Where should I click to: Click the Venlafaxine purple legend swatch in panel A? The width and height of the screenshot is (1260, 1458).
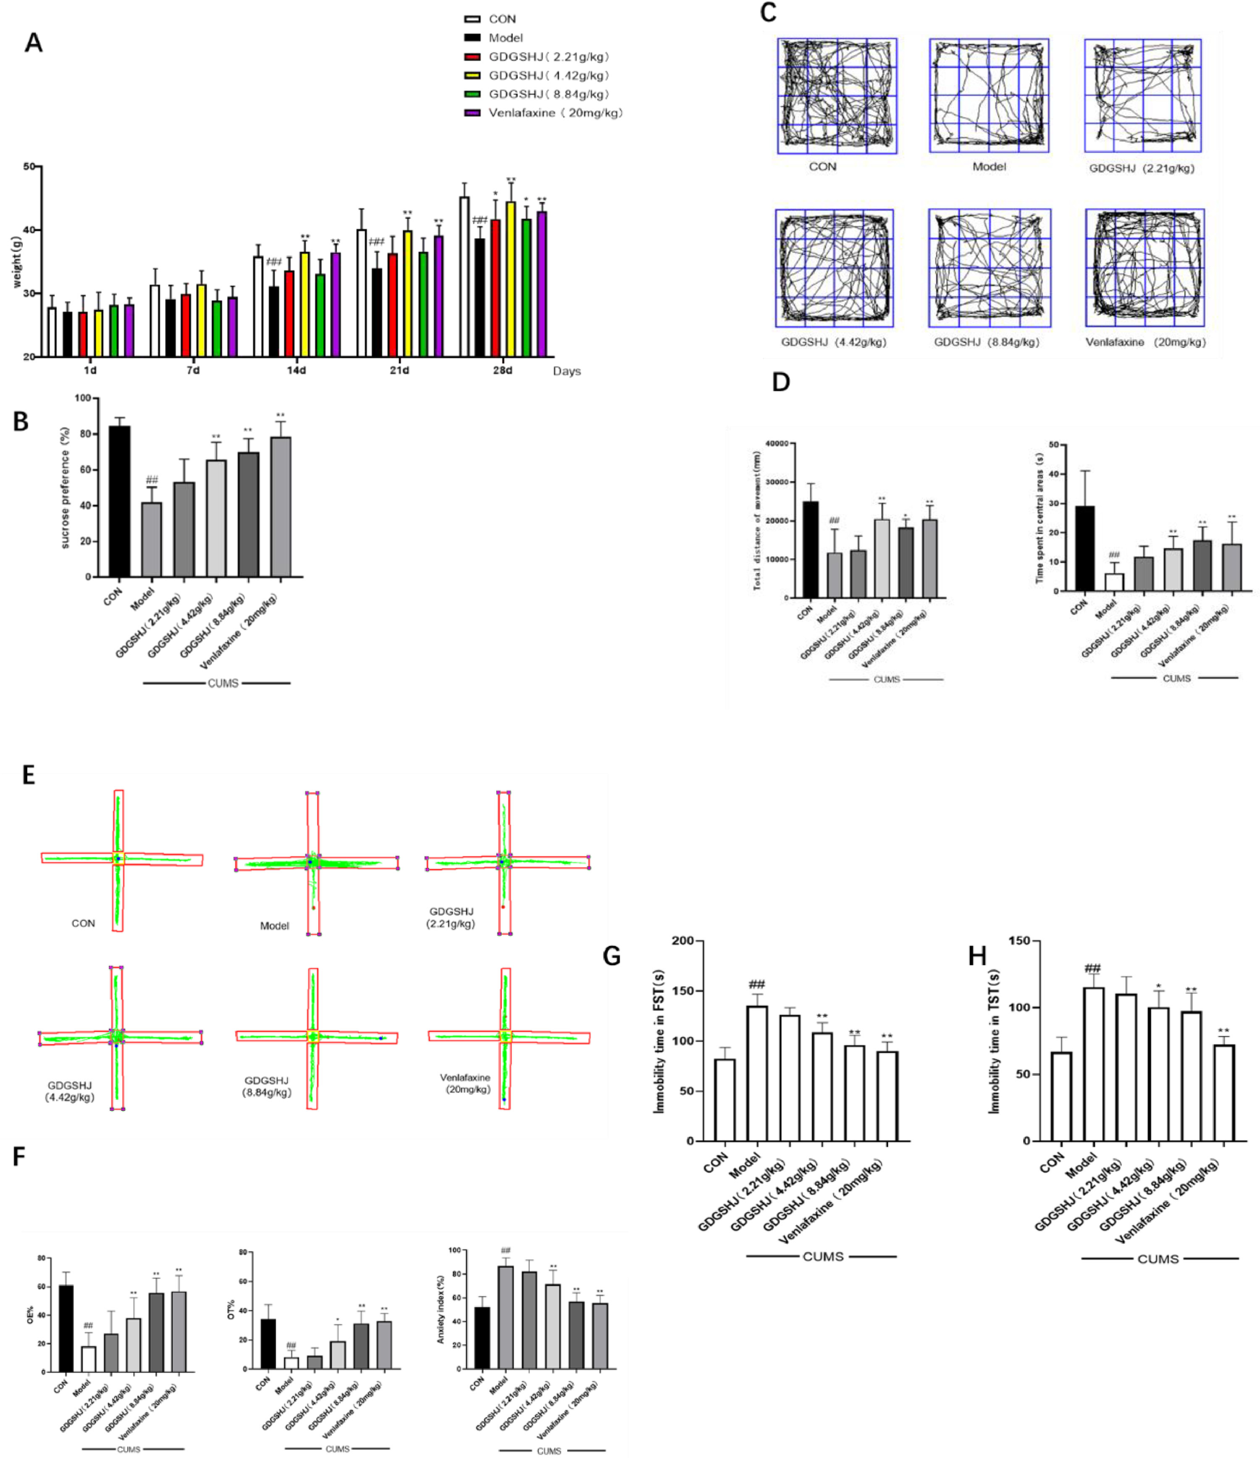point(472,113)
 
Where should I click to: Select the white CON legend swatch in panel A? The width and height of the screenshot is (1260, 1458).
point(472,19)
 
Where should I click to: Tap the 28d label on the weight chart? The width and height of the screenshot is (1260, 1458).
point(502,370)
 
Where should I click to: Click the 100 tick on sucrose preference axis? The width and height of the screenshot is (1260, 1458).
point(83,398)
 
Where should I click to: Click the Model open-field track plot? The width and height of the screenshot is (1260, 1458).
point(989,95)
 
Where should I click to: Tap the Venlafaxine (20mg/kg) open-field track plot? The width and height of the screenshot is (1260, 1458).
point(1144,267)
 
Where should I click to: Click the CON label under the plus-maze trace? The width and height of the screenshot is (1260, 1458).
point(83,923)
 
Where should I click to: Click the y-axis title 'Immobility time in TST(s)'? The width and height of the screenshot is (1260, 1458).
point(995,1041)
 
